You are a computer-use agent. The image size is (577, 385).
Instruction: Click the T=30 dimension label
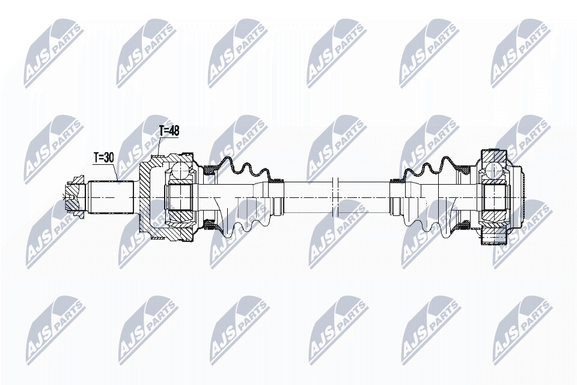[103, 158]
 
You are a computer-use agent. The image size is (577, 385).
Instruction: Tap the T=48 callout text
[168, 132]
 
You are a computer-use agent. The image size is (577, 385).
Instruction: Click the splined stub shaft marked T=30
[111, 197]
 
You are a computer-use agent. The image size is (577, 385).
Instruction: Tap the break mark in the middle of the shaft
[335, 197]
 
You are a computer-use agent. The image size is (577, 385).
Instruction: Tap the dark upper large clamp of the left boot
[209, 170]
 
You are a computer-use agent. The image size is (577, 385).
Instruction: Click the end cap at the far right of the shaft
[517, 197]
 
